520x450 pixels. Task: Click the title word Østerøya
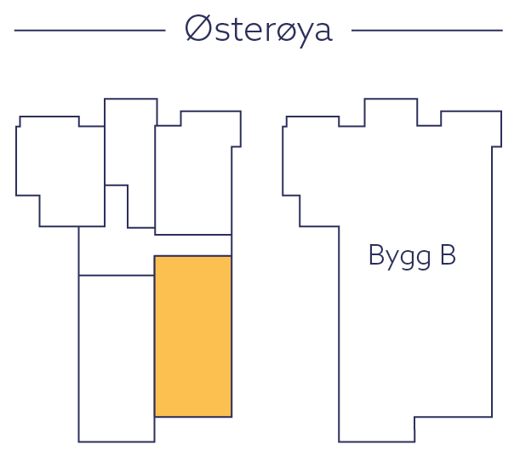[x=258, y=30]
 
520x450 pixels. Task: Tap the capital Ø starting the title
[x=197, y=30]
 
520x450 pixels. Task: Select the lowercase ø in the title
[x=282, y=31]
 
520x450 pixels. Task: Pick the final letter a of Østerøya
[x=321, y=31]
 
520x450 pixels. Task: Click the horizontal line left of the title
[x=89, y=31]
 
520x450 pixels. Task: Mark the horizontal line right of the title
[x=426, y=31]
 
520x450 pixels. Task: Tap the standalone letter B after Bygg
[x=446, y=254]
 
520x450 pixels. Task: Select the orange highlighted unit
[x=192, y=336]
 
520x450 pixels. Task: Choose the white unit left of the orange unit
[x=116, y=357]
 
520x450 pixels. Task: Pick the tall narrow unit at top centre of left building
[x=130, y=145]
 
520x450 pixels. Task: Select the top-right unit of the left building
[x=194, y=179]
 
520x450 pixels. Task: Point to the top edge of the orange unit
[x=192, y=256]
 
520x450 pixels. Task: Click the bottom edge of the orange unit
[x=192, y=417]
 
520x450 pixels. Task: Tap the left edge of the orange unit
[x=154, y=336]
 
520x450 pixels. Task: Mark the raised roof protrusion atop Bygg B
[x=391, y=111]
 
